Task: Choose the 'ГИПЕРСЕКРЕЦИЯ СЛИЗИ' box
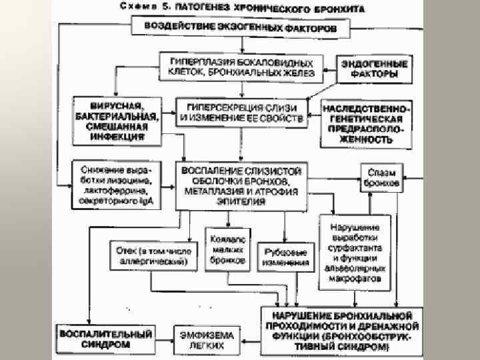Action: pyautogui.click(x=241, y=114)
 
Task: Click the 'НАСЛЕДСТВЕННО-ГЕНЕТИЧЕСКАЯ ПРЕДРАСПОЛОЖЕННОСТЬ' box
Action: pyautogui.click(x=366, y=123)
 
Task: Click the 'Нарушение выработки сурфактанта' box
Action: pyautogui.click(x=354, y=251)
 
